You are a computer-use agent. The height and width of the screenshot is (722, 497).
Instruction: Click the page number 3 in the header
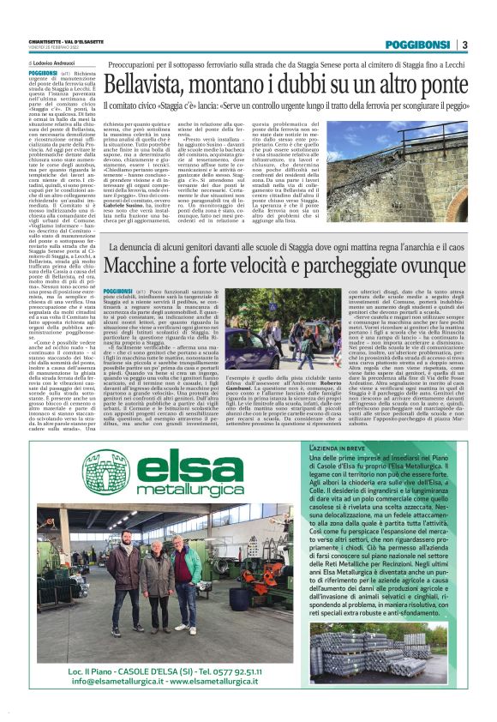(464, 45)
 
